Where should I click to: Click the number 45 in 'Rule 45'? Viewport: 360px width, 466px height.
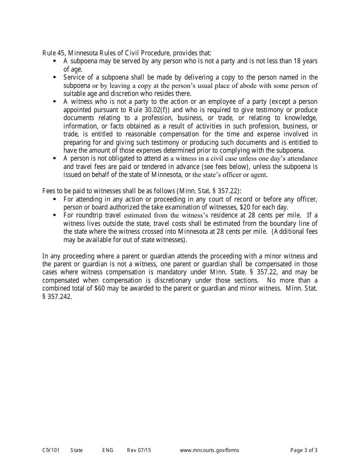(60, 53)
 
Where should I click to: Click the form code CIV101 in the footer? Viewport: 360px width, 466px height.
(51, 450)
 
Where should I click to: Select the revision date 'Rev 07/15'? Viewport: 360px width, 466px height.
(139, 450)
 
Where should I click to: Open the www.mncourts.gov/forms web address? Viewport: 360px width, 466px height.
(209, 450)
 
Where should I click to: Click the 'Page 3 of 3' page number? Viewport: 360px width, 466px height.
(304, 450)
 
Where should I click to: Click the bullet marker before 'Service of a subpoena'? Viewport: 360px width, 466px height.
(55, 77)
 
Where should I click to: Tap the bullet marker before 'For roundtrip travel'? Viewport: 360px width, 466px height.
(55, 215)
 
